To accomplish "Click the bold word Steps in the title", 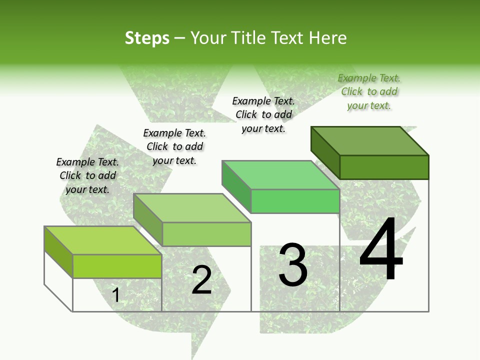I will click(x=147, y=38).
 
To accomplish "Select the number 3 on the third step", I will click(x=293, y=265).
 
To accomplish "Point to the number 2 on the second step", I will click(x=201, y=280).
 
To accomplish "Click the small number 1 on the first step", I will click(x=116, y=295).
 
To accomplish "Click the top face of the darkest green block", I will click(x=370, y=140).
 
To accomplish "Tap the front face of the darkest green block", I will click(x=384, y=167).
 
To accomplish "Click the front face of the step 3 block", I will click(x=295, y=201).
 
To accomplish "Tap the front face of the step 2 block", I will click(x=206, y=234).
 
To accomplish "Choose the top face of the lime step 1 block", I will click(x=103, y=240).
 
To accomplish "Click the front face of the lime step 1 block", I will click(x=117, y=266).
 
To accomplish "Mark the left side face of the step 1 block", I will click(x=58, y=251).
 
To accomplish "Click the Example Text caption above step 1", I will click(x=87, y=175).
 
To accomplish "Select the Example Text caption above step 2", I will click(x=174, y=146).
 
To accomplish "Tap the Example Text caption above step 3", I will click(x=263, y=114).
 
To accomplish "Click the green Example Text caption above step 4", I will click(x=369, y=91).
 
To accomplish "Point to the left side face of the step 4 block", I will click(x=325, y=152).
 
